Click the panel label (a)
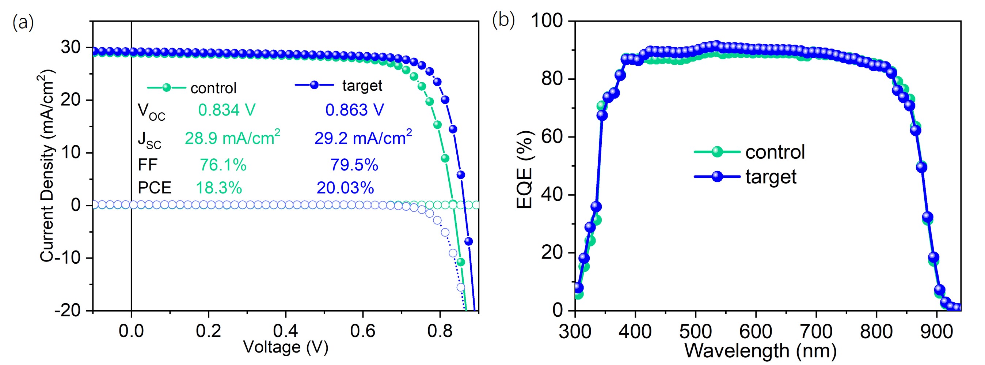tap(23, 23)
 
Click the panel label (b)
tap(503, 20)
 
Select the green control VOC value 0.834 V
tap(227, 110)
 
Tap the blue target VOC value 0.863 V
tap(354, 110)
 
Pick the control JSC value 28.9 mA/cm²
tap(232, 138)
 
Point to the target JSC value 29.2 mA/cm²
tap(363, 138)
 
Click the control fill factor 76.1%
tap(223, 165)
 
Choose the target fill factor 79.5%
tap(354, 165)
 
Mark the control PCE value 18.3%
tap(219, 188)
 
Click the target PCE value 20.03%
tap(345, 188)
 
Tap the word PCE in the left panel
tap(155, 188)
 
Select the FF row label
tap(148, 165)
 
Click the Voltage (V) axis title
tap(286, 347)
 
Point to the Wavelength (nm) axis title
tap(761, 350)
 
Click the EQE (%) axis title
tap(525, 170)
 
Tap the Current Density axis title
tap(47, 166)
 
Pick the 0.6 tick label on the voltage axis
tap(362, 331)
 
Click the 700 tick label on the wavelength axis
tap(816, 331)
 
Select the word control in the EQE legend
tap(775, 152)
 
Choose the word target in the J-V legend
tap(362, 86)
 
